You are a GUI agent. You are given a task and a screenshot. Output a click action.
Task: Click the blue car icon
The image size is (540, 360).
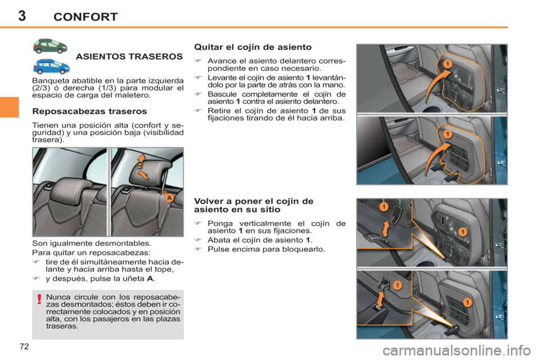click(51, 66)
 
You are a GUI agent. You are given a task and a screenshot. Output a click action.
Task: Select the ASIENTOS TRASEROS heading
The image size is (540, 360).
click(128, 57)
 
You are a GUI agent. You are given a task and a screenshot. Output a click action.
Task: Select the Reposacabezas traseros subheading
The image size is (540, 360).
click(90, 111)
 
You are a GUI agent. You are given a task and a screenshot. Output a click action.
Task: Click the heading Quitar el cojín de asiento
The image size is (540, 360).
click(253, 48)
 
